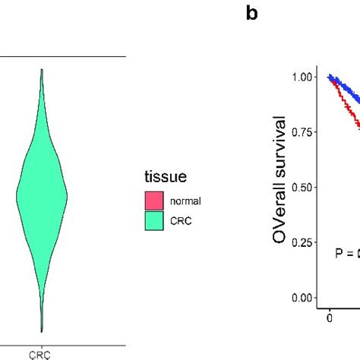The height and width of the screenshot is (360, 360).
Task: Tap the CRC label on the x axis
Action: coord(41,354)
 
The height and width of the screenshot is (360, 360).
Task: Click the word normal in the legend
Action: coord(186,202)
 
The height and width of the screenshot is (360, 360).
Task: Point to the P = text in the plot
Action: coord(345,254)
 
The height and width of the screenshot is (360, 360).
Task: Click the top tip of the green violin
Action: coord(42,70)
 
